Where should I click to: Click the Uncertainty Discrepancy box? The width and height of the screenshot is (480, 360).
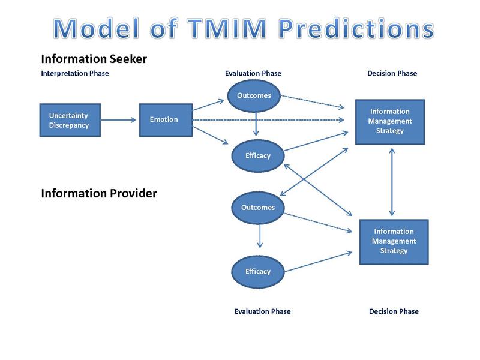point(69,120)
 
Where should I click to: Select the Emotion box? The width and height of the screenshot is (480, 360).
point(164,119)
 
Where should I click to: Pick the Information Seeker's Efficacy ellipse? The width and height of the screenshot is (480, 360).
point(258,155)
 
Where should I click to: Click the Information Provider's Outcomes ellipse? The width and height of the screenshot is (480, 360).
point(258,208)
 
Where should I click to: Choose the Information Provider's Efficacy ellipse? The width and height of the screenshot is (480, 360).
point(258,271)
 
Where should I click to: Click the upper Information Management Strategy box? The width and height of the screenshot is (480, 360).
point(390,121)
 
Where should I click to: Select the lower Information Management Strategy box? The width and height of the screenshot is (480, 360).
point(394,241)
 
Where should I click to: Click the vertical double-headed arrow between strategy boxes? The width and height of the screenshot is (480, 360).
point(392,181)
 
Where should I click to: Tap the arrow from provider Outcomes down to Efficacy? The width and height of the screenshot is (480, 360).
point(259,236)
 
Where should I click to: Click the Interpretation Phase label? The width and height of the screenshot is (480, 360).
point(75,74)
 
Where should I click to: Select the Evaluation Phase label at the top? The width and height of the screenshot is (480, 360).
point(253,74)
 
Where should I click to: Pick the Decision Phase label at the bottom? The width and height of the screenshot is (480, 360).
point(394,311)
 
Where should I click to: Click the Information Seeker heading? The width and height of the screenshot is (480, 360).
point(94,59)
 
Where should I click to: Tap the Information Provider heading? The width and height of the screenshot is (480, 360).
point(99,194)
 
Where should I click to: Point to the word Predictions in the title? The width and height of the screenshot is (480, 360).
point(355,29)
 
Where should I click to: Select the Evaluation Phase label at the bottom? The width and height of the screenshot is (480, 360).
point(262,311)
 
